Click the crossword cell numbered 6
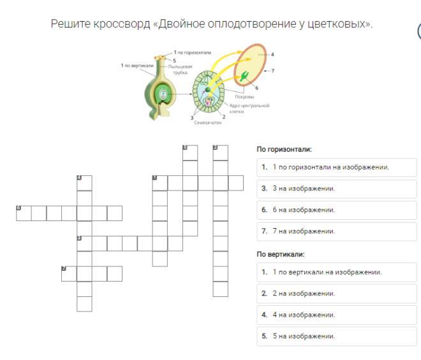pos(24,212)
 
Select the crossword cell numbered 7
pos(69,273)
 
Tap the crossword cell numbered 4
pos(84,182)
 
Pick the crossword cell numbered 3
pos(84,243)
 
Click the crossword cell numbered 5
pos(190,152)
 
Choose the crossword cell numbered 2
pos(221,152)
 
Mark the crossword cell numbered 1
pos(159,182)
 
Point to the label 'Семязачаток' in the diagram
pos(207,123)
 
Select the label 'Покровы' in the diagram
pos(245,97)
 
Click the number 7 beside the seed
pos(272,70)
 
